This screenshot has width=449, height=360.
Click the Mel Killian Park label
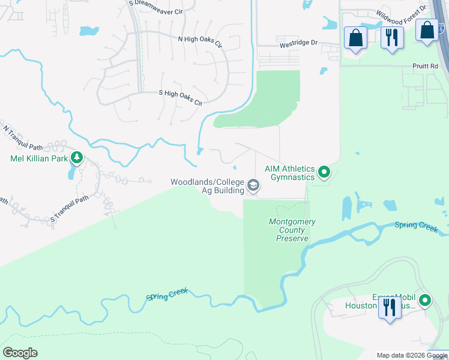coord(38,159)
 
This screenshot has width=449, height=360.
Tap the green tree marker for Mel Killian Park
coord(77,158)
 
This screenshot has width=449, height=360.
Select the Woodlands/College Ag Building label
coord(207,186)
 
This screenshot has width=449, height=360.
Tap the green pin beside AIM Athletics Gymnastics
coord(324,173)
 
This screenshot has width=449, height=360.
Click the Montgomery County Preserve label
coord(292,230)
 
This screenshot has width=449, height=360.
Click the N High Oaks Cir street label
coord(200,41)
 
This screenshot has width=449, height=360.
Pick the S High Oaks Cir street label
coord(180,98)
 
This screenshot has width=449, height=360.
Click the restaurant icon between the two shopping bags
coord(392,37)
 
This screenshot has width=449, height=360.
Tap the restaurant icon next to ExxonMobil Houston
coord(390,308)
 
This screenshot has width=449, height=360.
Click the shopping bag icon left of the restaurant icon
coord(355,37)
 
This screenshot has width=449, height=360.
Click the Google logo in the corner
coord(20,353)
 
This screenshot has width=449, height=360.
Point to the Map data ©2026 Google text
coord(412,355)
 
